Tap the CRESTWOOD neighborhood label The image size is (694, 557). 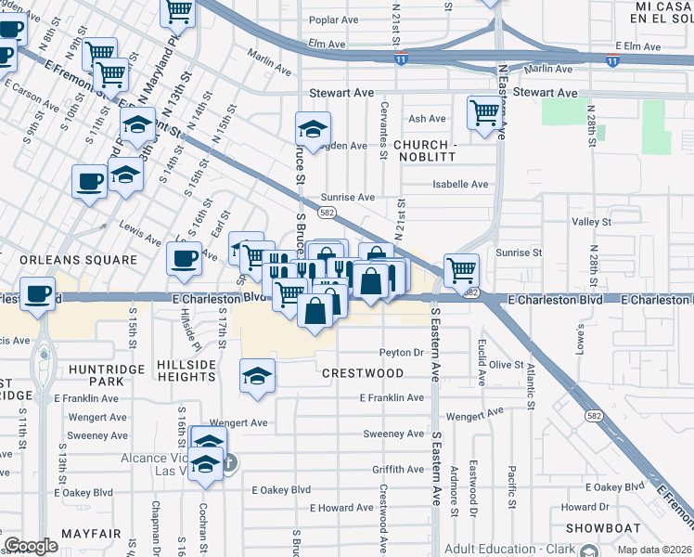363,373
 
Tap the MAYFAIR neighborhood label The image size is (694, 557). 91,534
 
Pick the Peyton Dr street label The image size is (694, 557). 401,353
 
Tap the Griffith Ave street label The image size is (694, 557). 398,470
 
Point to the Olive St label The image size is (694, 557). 508,365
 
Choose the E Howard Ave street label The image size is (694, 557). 341,508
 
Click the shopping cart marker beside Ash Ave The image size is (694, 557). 484,112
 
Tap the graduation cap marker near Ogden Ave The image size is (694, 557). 314,127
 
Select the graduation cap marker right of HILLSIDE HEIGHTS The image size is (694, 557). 258,375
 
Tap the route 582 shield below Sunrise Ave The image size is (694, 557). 326,213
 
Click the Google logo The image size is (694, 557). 31,546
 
